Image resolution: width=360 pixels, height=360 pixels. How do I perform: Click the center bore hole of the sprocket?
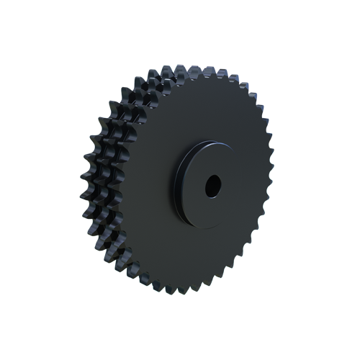point(214,186)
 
